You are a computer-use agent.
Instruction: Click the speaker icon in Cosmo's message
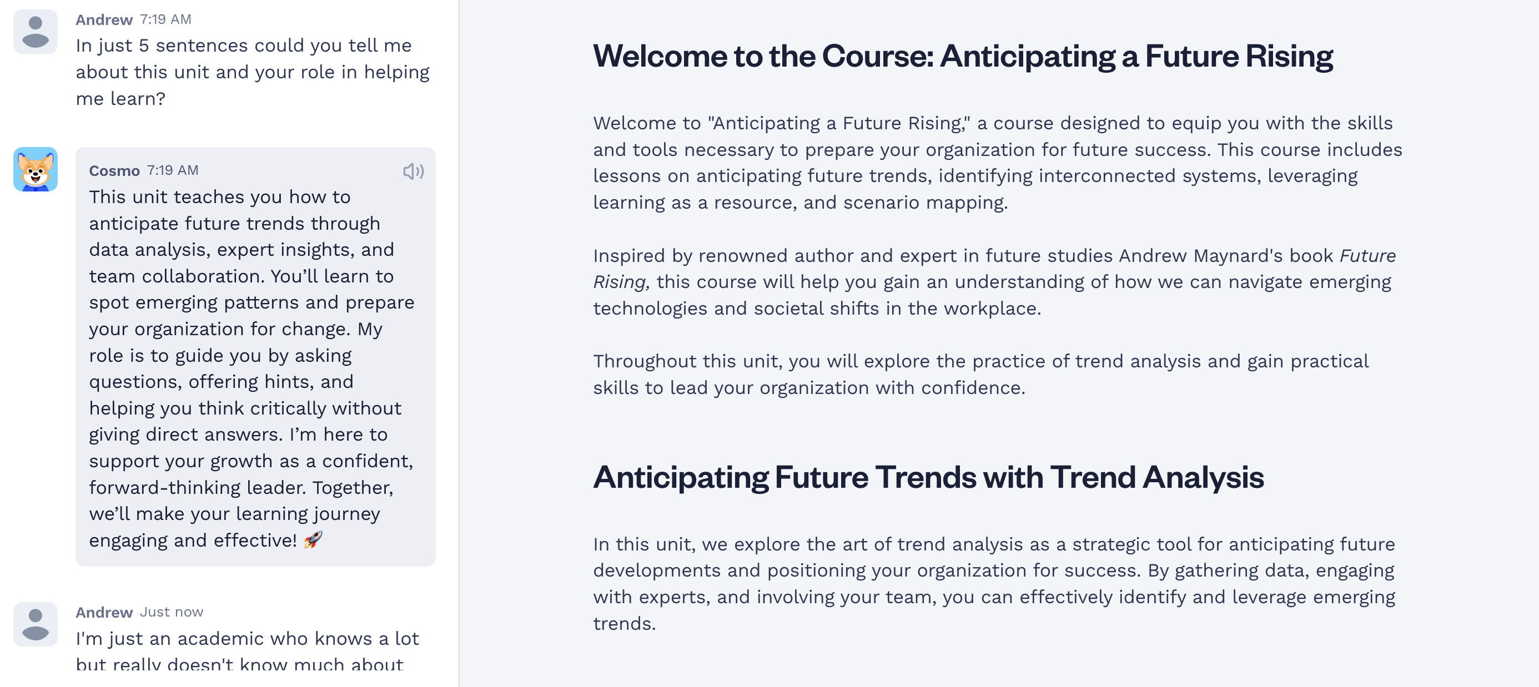tap(414, 171)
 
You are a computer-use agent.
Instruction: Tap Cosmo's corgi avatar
tap(35, 169)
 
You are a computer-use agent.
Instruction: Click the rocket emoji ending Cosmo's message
tap(313, 540)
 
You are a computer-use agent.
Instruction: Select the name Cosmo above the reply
tap(114, 171)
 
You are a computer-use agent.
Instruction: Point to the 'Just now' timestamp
tap(172, 612)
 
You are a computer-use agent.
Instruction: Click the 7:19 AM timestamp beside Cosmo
tap(173, 170)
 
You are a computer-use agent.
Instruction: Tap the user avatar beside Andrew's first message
tap(35, 32)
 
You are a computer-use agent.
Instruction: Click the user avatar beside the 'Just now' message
tap(35, 624)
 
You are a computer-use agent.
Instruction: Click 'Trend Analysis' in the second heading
tap(1157, 477)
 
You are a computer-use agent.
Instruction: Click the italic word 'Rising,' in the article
tap(621, 282)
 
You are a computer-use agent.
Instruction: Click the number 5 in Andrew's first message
tap(143, 46)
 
